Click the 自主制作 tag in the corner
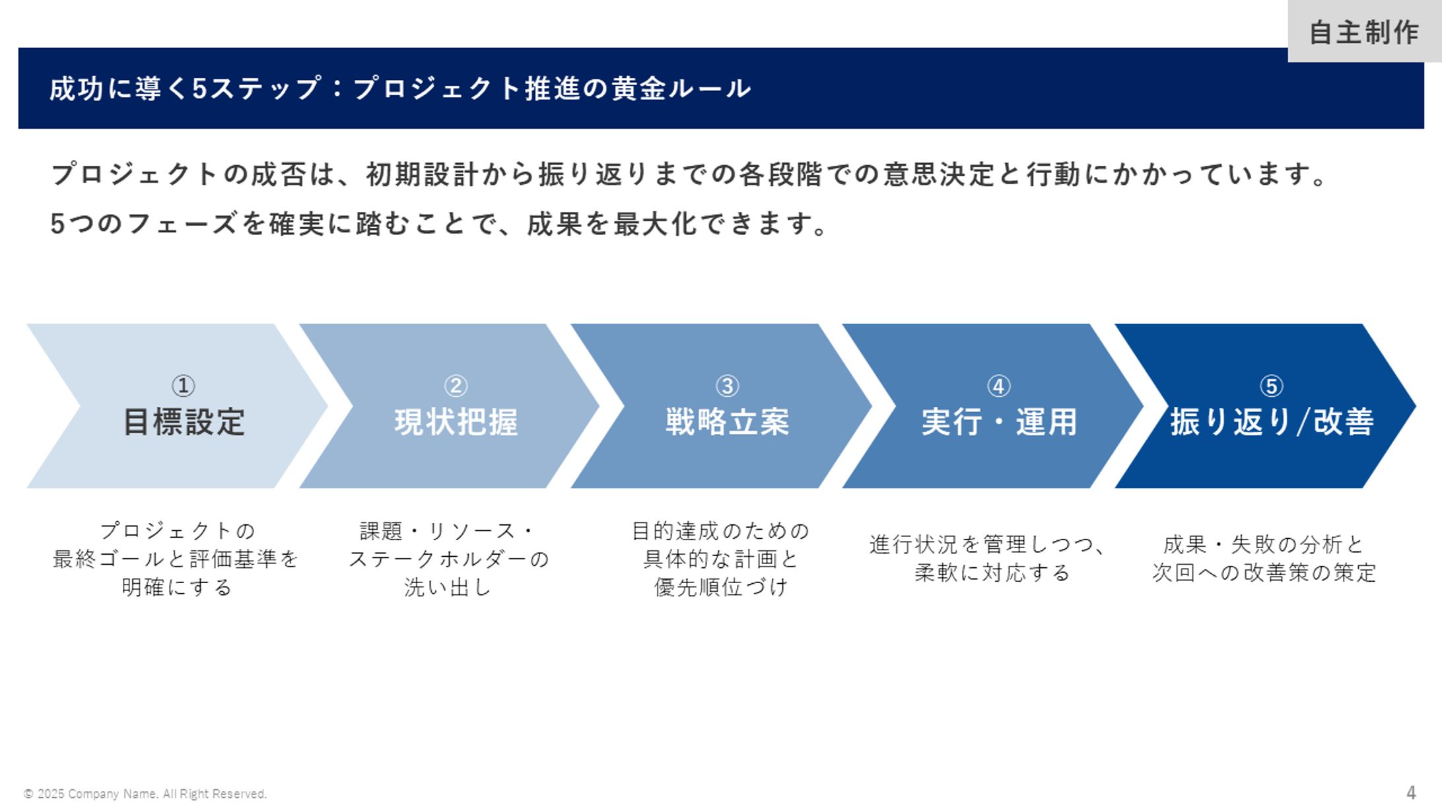1364,32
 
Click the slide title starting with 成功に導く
400,88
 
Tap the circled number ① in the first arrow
183,386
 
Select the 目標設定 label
184,422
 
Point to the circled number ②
456,386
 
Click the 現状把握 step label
456,422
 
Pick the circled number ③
728,386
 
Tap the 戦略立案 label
728,422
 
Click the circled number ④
999,386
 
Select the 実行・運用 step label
1000,422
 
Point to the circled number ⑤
1272,386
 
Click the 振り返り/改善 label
1272,422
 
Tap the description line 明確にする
177,587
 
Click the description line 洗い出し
448,587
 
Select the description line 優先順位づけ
721,587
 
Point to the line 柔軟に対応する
992,573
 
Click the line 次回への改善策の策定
1264,573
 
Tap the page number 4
1411,793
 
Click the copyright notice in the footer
145,794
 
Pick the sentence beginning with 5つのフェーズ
439,224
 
